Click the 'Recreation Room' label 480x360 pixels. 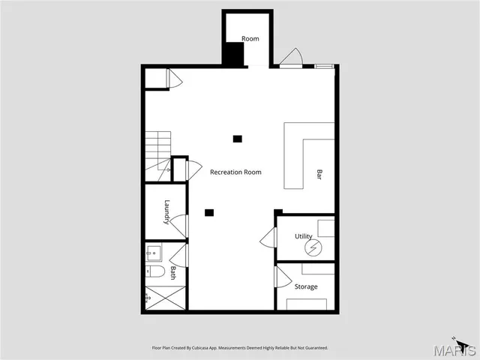[235, 172]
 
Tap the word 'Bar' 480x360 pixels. [319, 175]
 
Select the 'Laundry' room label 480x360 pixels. [167, 211]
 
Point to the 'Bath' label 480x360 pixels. [172, 273]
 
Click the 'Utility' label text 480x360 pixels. [303, 236]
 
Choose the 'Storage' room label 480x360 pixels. [306, 286]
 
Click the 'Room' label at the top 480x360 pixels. [250, 39]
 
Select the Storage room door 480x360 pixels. [283, 277]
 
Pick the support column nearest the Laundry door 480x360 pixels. [210, 212]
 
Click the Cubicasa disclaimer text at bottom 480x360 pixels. [239, 348]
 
